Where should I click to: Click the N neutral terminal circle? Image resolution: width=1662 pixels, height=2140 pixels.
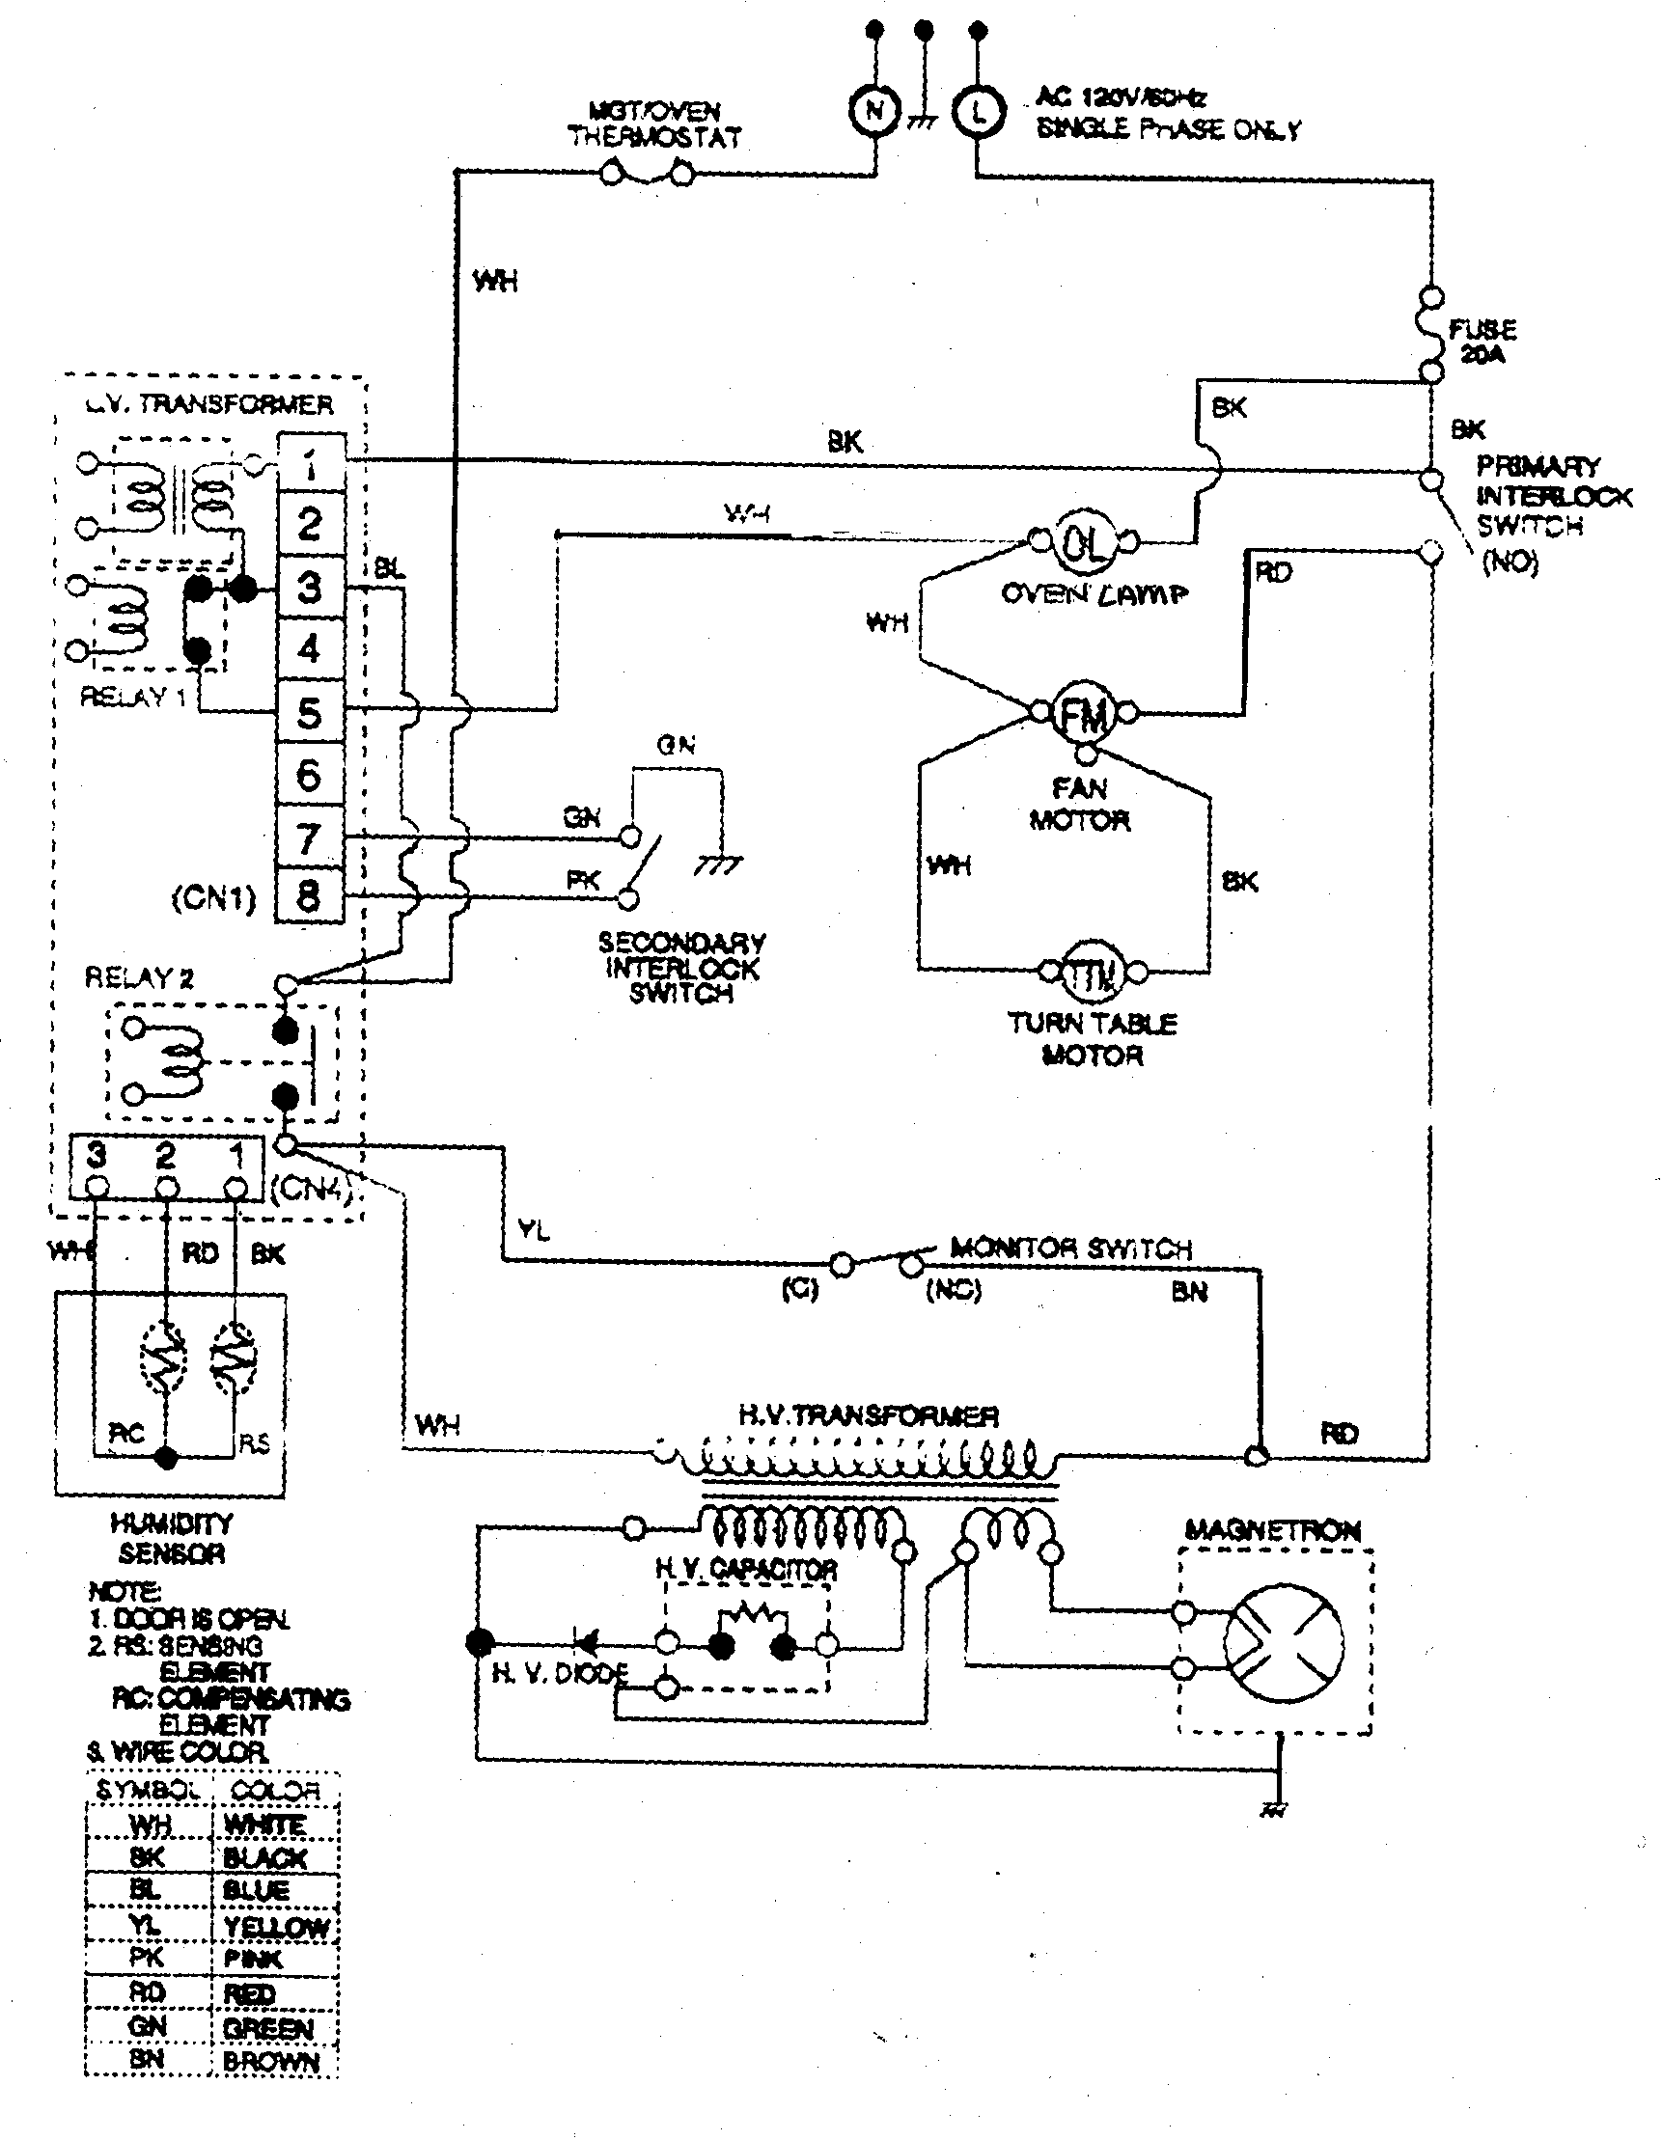pyautogui.click(x=873, y=112)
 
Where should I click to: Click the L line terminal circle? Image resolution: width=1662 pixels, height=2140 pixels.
pyautogui.click(x=977, y=112)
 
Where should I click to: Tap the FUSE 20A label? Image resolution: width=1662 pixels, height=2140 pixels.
pyautogui.click(x=1482, y=341)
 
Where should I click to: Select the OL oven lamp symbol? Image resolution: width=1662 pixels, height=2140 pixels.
pyautogui.click(x=1084, y=541)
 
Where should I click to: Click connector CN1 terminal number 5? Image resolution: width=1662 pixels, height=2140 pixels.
pyautogui.click(x=310, y=712)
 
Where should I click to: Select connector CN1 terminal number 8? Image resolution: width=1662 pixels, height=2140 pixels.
pyautogui.click(x=310, y=895)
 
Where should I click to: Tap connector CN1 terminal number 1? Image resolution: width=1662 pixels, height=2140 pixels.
pyautogui.click(x=310, y=463)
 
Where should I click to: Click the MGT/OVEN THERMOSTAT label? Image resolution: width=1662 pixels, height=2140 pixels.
pyautogui.click(x=654, y=124)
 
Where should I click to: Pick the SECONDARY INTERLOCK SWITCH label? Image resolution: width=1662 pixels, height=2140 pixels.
pyautogui.click(x=682, y=968)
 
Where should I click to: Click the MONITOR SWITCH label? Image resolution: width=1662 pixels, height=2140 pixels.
pyautogui.click(x=1071, y=1248)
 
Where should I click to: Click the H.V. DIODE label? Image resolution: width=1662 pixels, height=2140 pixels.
pyautogui.click(x=560, y=1674)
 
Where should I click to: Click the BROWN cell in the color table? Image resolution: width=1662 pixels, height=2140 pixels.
pyautogui.click(x=271, y=2061)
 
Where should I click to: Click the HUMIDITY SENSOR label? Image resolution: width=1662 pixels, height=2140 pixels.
pyautogui.click(x=172, y=1538)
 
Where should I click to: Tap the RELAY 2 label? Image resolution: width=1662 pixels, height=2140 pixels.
pyautogui.click(x=139, y=978)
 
